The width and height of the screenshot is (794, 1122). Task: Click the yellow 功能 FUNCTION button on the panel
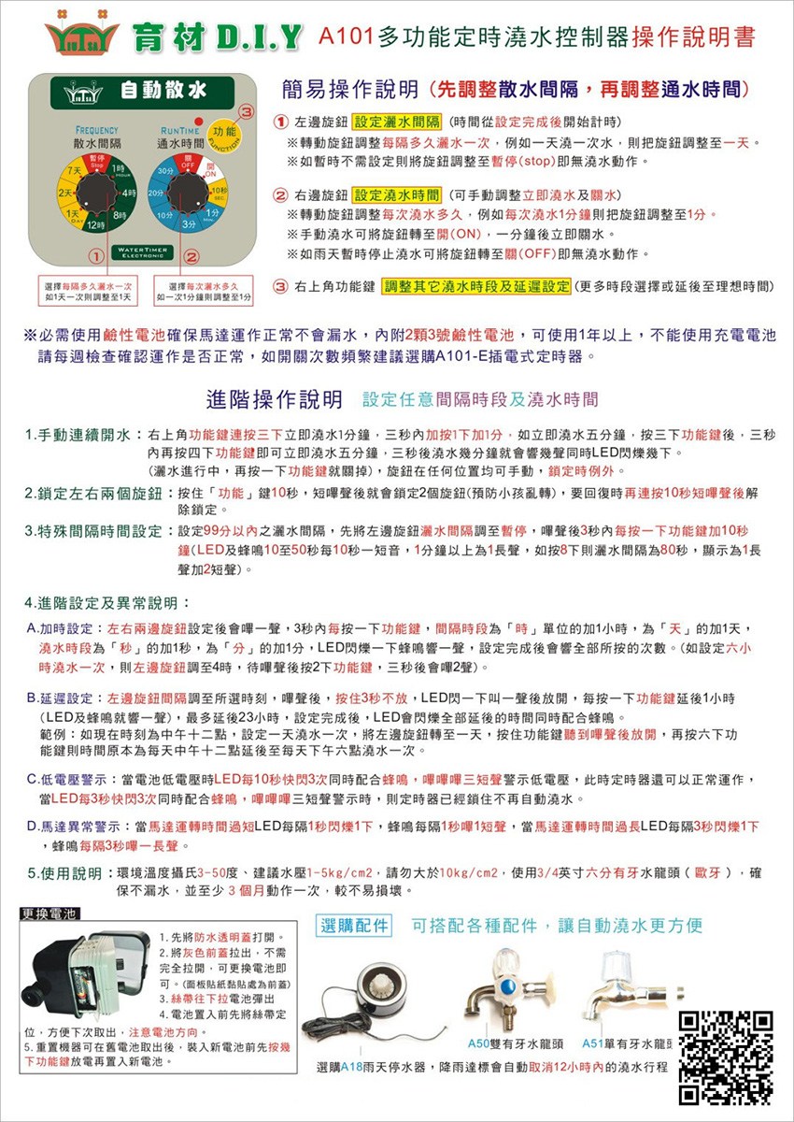(x=224, y=133)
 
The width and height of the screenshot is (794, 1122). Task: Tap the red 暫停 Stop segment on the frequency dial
(x=96, y=161)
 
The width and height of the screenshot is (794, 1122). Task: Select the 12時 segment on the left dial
(x=93, y=226)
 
